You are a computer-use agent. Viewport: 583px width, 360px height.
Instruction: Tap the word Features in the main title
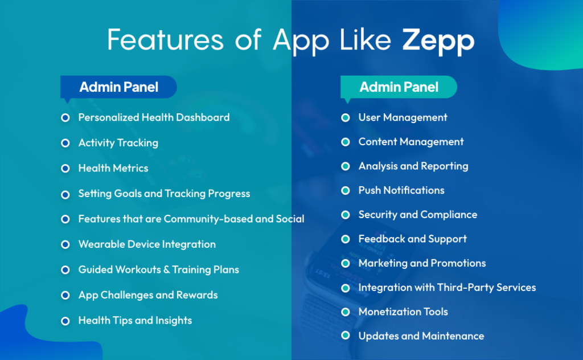point(150,41)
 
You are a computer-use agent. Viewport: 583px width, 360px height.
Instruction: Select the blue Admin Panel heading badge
point(118,87)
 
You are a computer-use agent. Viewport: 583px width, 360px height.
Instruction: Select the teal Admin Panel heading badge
point(399,87)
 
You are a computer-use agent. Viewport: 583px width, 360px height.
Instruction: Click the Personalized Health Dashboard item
point(154,117)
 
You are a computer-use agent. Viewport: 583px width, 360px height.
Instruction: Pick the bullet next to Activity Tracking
point(65,143)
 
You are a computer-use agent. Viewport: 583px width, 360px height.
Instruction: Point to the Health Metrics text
point(113,168)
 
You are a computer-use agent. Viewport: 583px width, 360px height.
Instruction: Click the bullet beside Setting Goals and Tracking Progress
point(65,194)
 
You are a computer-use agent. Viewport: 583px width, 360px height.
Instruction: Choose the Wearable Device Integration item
point(147,244)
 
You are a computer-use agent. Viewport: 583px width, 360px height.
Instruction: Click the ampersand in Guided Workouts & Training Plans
point(167,270)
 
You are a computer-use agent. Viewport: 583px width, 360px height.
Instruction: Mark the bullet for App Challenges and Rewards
point(65,295)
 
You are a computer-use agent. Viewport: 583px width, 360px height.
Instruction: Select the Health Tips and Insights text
point(135,321)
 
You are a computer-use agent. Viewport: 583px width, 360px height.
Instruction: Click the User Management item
point(403,117)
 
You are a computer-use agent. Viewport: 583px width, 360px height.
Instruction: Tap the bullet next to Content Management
point(345,142)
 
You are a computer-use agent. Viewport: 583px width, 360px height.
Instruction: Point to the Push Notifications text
point(401,190)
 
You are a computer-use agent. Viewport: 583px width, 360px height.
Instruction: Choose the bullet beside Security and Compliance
point(345,215)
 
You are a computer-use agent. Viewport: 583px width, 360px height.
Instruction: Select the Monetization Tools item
point(403,312)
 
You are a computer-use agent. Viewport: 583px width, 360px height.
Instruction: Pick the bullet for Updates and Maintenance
point(345,336)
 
